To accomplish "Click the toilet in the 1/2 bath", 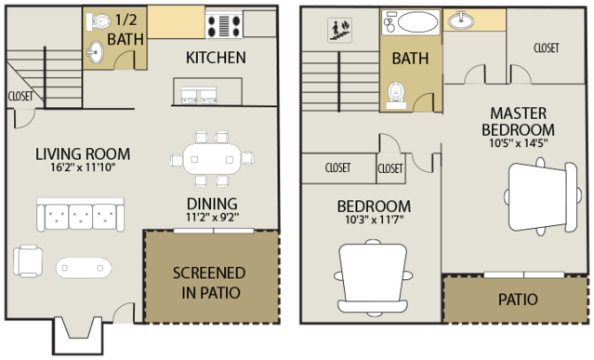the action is tap(99, 21).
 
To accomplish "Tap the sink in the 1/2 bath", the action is tap(95, 52).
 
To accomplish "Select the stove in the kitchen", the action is tap(224, 26).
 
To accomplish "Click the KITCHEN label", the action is tap(216, 58).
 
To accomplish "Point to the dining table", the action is tap(212, 159).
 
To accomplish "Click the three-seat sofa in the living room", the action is tap(80, 214).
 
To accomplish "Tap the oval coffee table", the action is tap(84, 268).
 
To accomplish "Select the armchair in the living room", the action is tap(28, 260).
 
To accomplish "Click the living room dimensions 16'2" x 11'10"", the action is tap(83, 167).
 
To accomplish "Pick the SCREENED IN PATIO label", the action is tap(209, 283).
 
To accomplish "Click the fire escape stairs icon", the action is tap(340, 30).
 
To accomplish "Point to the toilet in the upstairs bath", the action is tap(396, 95).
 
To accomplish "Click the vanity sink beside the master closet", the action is tap(461, 20).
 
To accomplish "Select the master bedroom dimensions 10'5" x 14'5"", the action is tap(518, 143).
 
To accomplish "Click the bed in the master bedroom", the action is tap(543, 196).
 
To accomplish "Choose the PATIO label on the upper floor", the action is tap(518, 300).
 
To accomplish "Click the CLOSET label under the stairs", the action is tap(20, 96).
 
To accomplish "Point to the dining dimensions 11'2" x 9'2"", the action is tap(212, 218).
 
